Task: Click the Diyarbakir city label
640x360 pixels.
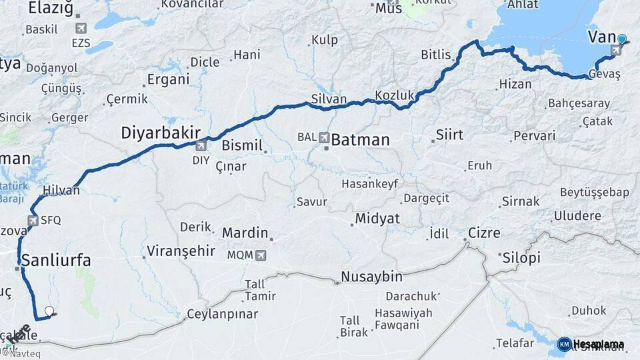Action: coord(160,132)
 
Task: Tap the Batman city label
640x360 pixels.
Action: coord(360,140)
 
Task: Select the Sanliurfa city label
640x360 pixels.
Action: coord(56,260)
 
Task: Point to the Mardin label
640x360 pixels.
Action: coord(245,233)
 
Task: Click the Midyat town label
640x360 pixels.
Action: coord(377,219)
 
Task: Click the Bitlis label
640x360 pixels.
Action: coord(436,55)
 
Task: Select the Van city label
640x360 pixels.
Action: coord(601,37)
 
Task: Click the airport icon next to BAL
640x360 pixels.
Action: coord(325,137)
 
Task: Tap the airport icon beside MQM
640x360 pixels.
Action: coord(261,255)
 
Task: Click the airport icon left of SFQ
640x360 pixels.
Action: coord(32,220)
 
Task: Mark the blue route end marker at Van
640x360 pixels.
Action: coord(621,39)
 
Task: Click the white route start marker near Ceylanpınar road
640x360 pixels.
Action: coord(49,311)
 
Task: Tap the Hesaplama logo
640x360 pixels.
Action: coord(591,344)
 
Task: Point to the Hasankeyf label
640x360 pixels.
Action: coord(369,183)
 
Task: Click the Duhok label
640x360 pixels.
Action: coord(589,311)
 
